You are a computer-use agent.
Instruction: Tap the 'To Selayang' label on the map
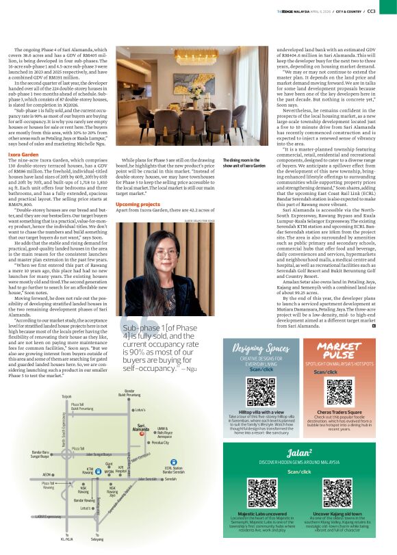click(x=97, y=538)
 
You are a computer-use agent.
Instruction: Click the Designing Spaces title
click(x=256, y=348)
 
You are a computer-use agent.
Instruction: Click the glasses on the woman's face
click(x=166, y=253)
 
